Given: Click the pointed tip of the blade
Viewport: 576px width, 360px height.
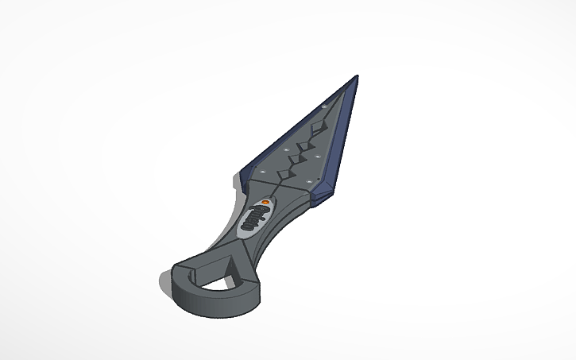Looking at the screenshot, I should point(356,77).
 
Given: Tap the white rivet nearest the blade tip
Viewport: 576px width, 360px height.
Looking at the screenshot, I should point(324,105).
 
